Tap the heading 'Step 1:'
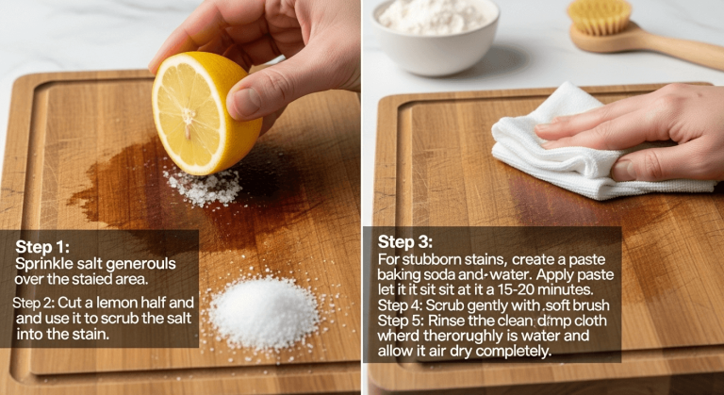click(41, 247)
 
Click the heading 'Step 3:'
click(405, 242)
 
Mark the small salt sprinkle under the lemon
click(203, 187)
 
